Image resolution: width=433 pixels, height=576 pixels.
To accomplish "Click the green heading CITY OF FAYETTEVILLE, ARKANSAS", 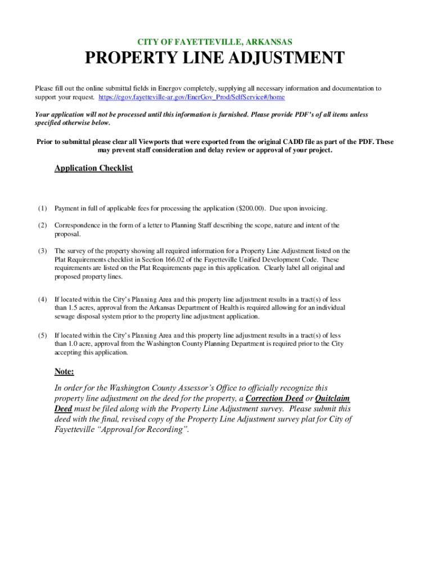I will point(215,42).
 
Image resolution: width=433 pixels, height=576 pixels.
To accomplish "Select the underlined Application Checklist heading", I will point(93,168).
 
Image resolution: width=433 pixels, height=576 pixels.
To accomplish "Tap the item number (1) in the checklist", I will point(43,209).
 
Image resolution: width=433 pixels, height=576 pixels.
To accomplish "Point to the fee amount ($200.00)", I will point(251,209).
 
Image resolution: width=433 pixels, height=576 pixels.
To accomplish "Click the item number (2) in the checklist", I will point(43,226).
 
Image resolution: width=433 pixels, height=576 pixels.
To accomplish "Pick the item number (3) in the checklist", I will point(43,251).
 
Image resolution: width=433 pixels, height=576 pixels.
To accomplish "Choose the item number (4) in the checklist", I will point(43,300).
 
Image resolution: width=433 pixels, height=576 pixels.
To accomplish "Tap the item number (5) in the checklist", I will point(43,335).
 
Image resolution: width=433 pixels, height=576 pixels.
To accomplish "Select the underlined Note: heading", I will point(64,371).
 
